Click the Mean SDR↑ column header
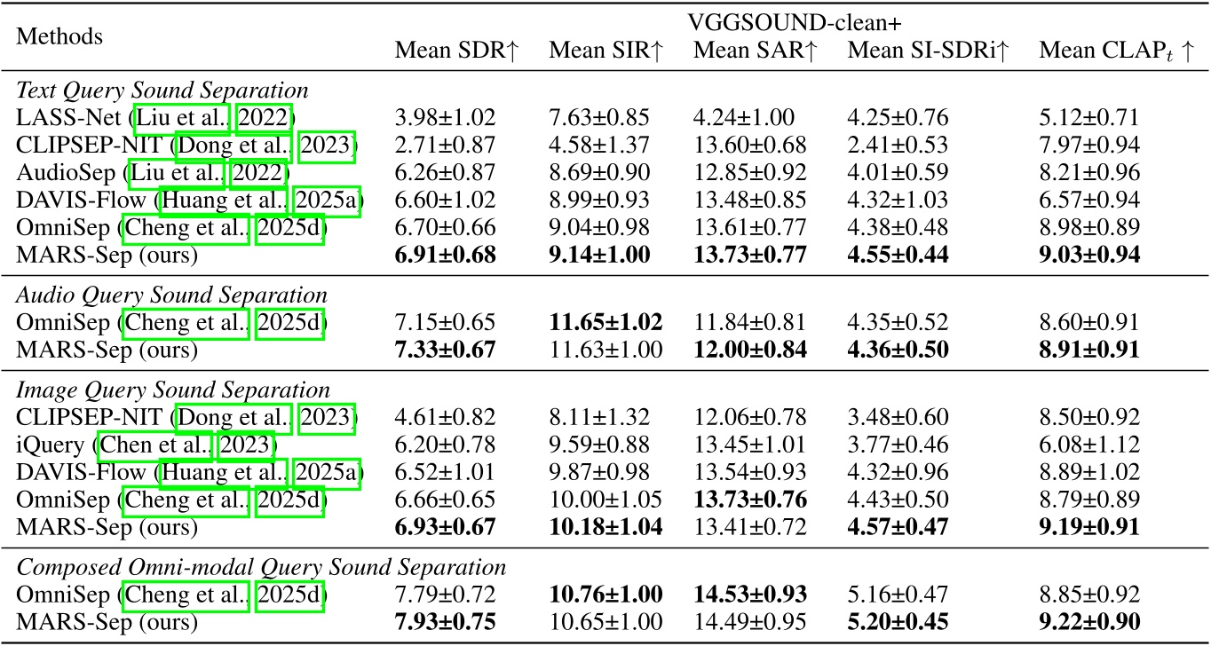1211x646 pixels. [456, 51]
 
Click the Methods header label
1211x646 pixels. [61, 37]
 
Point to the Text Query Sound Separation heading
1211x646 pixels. [162, 91]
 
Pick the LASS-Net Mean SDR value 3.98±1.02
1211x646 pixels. [445, 117]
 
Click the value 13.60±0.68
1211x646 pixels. [750, 144]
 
